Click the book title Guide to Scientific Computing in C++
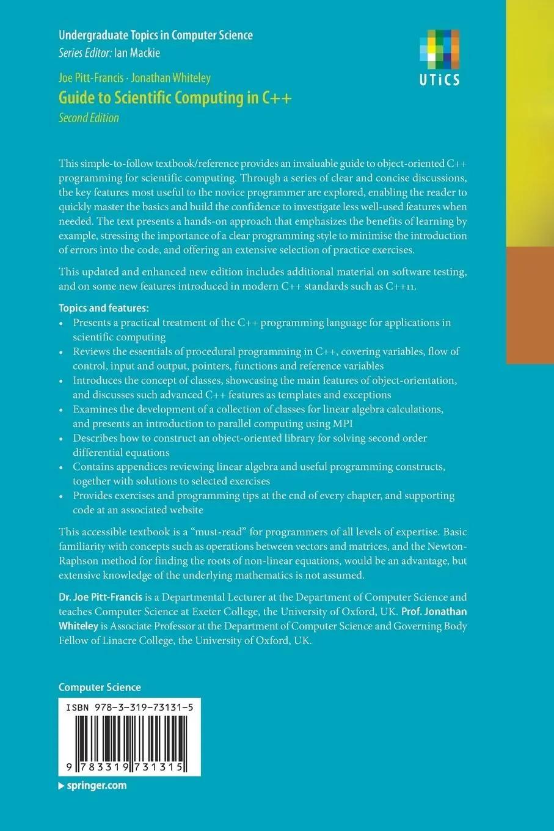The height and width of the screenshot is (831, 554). (175, 98)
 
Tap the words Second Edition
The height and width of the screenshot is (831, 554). (89, 118)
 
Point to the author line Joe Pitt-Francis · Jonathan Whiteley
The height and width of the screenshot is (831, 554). (134, 78)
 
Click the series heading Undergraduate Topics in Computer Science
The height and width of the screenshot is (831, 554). (155, 35)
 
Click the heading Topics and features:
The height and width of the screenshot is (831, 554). (103, 308)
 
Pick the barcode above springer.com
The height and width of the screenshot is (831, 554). (129, 738)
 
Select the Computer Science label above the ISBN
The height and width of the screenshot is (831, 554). (100, 687)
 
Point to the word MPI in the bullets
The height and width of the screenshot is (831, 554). (343, 423)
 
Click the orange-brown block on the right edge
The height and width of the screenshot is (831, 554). (530, 306)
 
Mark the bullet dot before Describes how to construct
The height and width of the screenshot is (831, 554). (61, 439)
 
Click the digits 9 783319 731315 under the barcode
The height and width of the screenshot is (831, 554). (129, 767)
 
